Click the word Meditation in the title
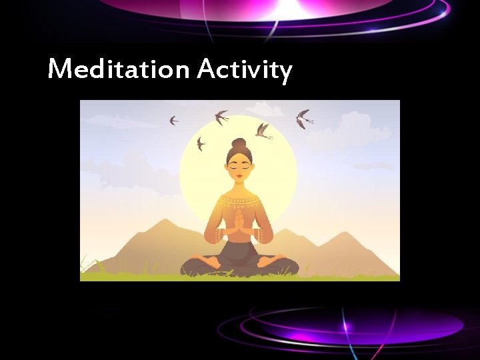point(120,69)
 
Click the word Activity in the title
point(245,70)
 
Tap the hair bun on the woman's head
point(239,143)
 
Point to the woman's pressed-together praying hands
point(239,219)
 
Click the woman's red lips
point(239,176)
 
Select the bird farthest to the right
point(304,119)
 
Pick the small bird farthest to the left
point(173,121)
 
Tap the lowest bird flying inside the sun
point(201,143)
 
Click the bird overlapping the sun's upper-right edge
point(263,131)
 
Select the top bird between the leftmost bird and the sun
point(221,117)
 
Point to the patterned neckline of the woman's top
point(239,198)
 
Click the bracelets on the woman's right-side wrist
point(263,235)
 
